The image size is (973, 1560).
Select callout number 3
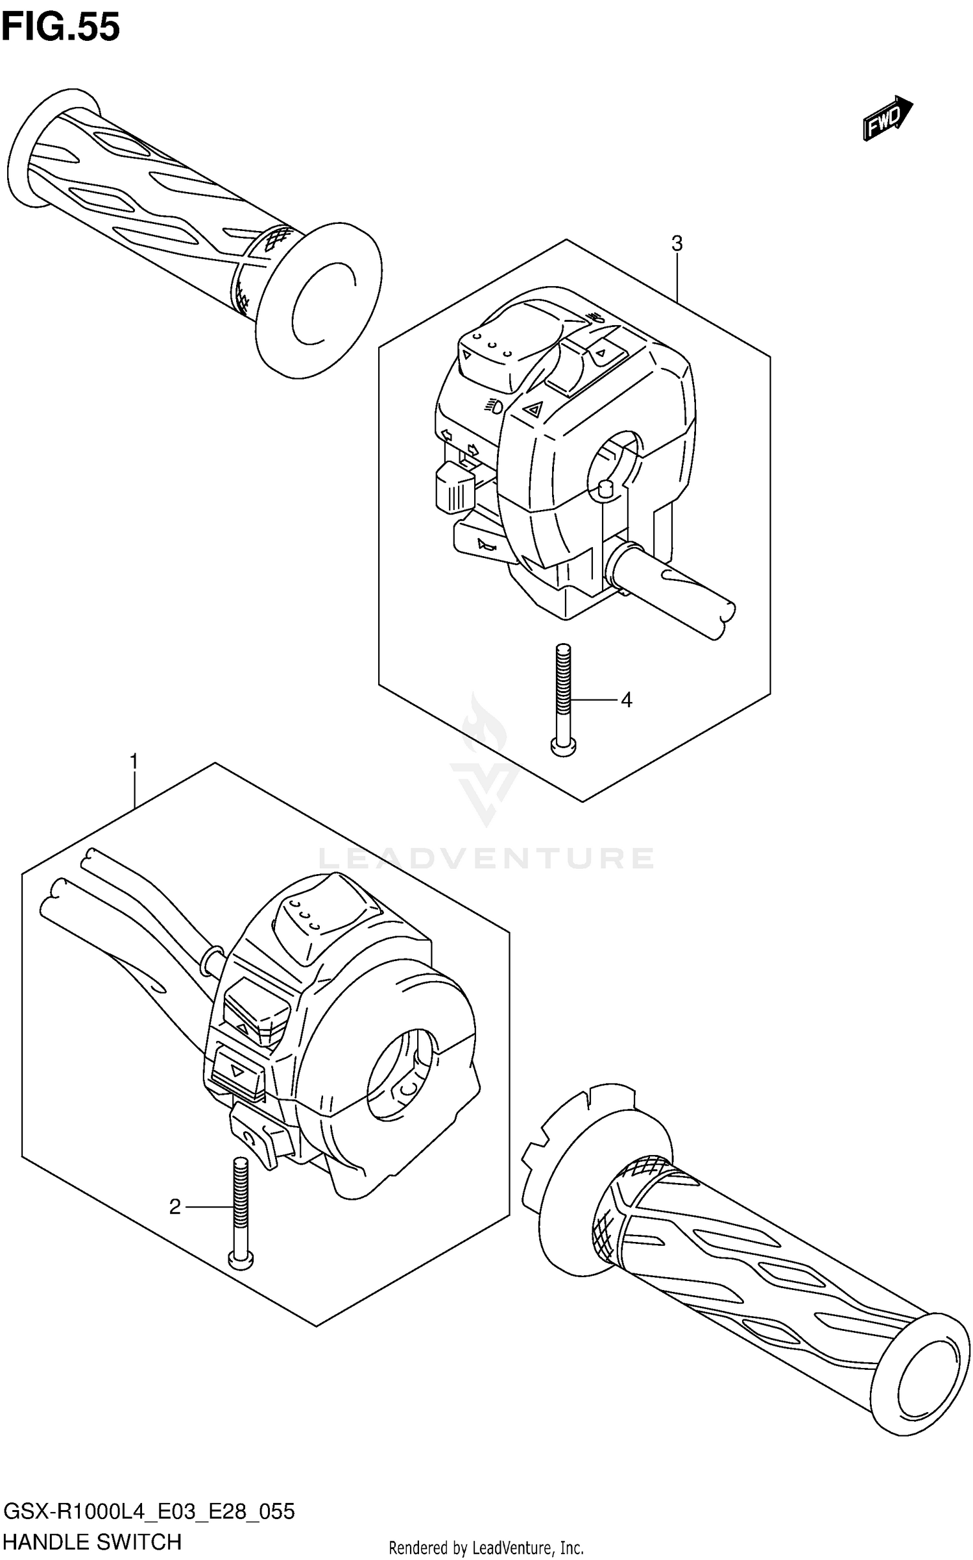(677, 244)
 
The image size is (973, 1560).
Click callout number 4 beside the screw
(626, 700)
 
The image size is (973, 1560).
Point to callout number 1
(134, 761)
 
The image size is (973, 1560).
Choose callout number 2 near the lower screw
(175, 1207)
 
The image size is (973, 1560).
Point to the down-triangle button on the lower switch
(238, 1073)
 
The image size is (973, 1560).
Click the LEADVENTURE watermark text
(486, 858)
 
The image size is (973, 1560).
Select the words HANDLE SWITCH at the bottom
(92, 1542)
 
